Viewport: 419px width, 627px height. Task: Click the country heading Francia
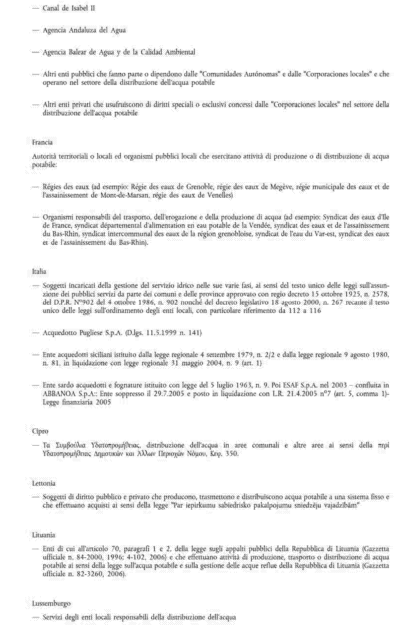pos(42,142)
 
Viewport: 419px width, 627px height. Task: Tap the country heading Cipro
pos(40,431)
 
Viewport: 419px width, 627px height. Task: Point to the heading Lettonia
pos(44,483)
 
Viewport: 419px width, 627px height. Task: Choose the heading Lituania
pos(44,535)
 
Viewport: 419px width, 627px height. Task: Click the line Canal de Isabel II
pos(69,8)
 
